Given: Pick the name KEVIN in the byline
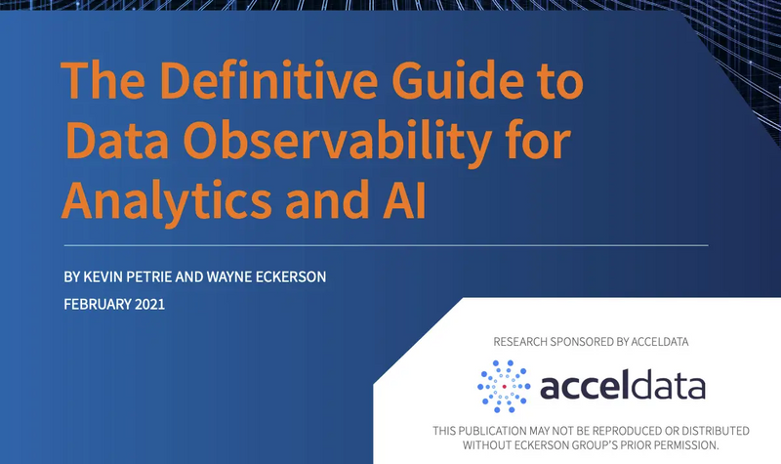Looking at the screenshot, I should [x=107, y=277].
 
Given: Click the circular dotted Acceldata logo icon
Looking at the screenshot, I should [x=504, y=387].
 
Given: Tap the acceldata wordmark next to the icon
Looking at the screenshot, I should [x=622, y=388].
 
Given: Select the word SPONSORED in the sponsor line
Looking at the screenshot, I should [x=585, y=342].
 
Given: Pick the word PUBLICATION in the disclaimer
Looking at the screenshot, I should [x=501, y=431].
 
